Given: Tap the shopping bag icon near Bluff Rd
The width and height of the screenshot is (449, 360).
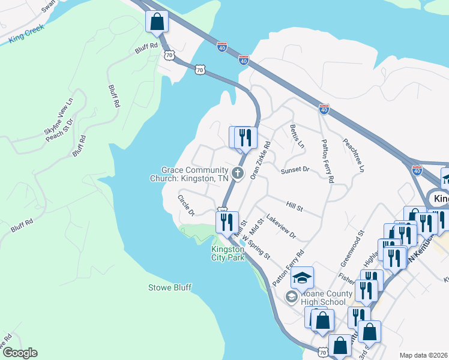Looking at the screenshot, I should click(157, 22).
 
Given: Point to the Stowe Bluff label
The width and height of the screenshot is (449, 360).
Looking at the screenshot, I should click(170, 287).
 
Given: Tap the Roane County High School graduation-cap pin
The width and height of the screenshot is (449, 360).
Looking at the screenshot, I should click(302, 278).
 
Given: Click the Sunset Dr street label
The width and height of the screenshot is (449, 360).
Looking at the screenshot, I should click(295, 170).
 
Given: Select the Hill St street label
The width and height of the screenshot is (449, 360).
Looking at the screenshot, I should click(295, 206).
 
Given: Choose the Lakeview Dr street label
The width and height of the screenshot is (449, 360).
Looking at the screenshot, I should click(281, 227).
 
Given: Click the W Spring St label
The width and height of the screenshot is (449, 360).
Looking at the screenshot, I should click(256, 247).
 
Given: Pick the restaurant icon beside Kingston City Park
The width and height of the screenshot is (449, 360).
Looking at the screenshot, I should click(228, 222).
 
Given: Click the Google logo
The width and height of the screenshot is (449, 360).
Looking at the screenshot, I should click(19, 353).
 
